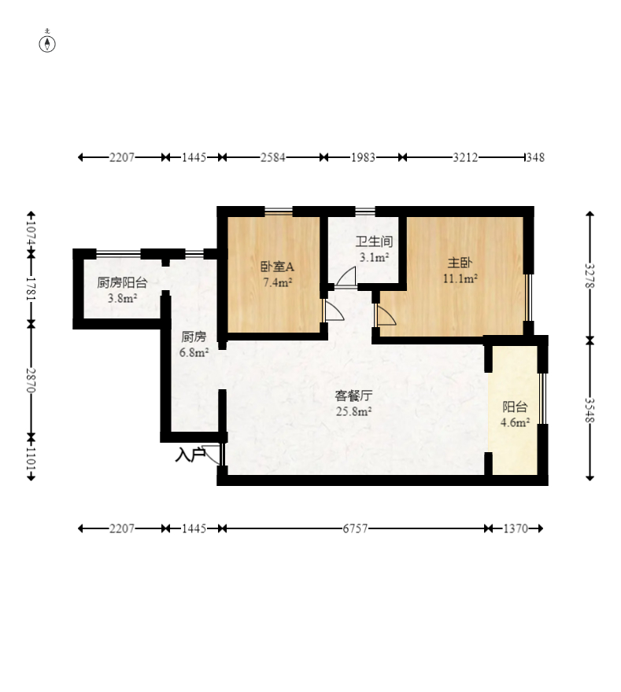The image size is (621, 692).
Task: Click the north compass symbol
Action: point(47,44)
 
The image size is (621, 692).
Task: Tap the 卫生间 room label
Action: point(374,241)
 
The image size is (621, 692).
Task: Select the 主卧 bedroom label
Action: point(460,263)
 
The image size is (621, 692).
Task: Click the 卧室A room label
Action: point(277,267)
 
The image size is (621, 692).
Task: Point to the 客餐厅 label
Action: point(353,396)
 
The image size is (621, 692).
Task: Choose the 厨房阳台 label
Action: point(122,282)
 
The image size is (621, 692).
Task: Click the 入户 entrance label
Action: point(190,455)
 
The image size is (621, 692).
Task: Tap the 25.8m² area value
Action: point(353,411)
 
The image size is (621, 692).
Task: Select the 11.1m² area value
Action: point(460,278)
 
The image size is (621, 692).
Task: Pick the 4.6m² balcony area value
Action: point(515,422)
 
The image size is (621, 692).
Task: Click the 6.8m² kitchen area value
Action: point(194,352)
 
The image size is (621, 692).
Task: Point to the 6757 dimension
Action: point(355,528)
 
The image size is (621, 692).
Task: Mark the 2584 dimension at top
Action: point(272,157)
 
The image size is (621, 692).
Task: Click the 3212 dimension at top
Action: point(465,157)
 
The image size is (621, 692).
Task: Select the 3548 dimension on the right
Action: point(590,410)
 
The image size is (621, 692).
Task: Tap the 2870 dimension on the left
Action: point(31,380)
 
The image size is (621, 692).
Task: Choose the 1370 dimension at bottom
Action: point(516,528)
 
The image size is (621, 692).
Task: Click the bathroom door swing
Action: point(346,277)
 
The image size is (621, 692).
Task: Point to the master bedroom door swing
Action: point(386,315)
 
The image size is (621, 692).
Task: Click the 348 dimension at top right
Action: point(535,157)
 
